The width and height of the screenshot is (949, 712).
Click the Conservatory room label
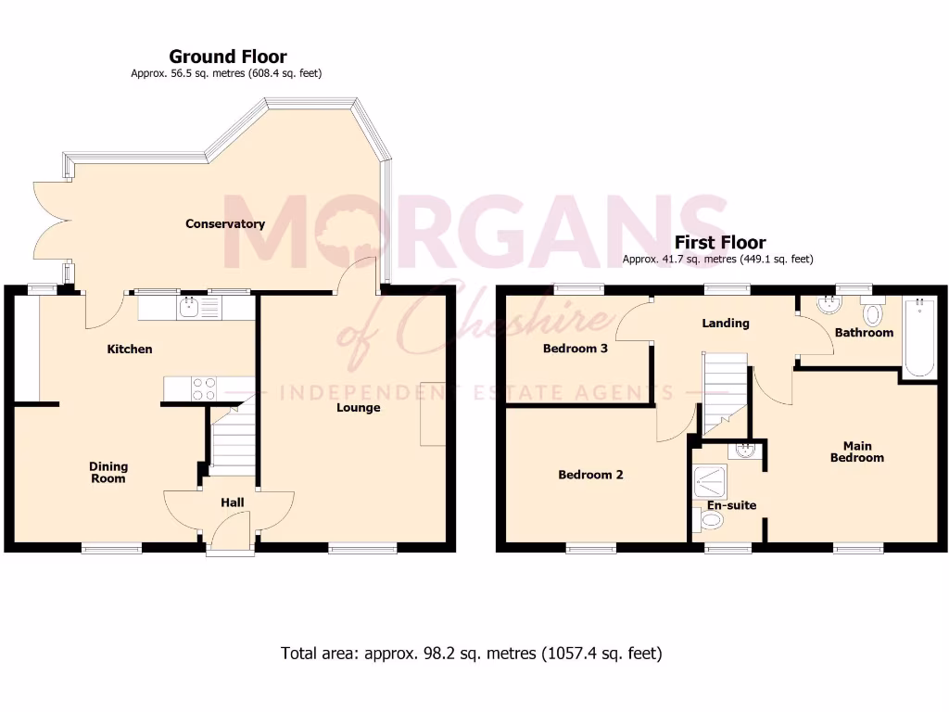pos(225,223)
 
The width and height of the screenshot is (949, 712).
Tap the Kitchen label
pos(130,349)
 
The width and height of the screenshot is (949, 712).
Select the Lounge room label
pos(358,407)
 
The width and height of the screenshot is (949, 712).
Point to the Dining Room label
pos(108,472)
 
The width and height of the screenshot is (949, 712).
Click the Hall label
pos(232,502)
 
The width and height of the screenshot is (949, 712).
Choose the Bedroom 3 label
pos(576,349)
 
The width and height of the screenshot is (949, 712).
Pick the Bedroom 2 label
pos(590,475)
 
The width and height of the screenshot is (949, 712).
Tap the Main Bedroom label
pos(856,451)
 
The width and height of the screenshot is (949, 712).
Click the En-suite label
pos(731,505)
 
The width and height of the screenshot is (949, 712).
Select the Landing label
pos(725,323)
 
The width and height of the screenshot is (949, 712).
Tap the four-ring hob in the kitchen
pos(204,388)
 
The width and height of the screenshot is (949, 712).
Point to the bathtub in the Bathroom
pos(919,336)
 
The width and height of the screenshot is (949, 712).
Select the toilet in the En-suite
pos(712,523)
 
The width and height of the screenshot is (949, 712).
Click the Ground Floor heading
pos(227,57)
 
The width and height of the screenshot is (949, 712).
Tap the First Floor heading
pos(719,244)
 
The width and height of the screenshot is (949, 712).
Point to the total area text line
pos(472,654)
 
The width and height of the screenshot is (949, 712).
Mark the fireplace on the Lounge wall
pos(432,413)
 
